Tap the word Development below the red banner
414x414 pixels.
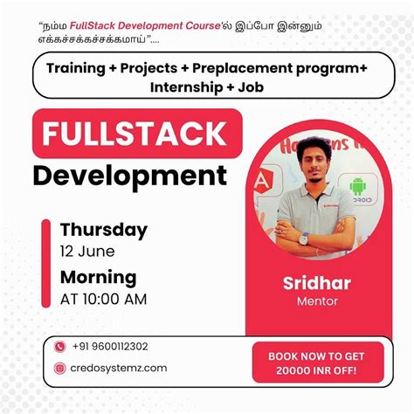click(129, 176)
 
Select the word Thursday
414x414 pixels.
click(104, 230)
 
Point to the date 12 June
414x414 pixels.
click(87, 252)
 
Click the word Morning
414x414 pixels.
click(98, 278)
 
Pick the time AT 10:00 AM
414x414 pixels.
click(103, 299)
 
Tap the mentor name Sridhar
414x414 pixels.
click(315, 282)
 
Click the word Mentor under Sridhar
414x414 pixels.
click(315, 301)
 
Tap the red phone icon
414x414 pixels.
click(60, 347)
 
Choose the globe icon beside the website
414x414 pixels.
click(60, 368)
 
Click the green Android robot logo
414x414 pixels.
click(358, 186)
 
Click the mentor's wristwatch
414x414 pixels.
click(303, 238)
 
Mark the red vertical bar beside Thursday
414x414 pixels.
click(46, 263)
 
